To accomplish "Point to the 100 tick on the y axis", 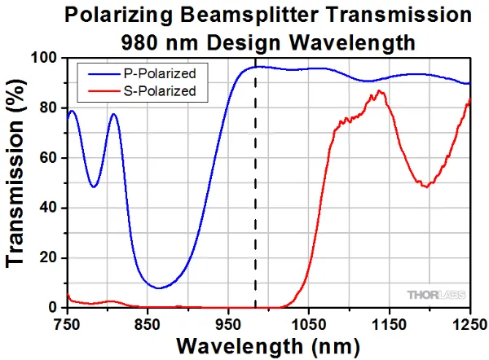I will pyautogui.click(x=44, y=59).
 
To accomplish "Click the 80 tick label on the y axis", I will pyautogui.click(x=48, y=108).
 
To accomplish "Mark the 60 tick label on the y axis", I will pyautogui.click(x=48, y=158).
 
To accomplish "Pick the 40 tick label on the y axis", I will pyautogui.click(x=48, y=208).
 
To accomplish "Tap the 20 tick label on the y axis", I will pyautogui.click(x=48, y=258).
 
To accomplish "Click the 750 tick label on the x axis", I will pyautogui.click(x=67, y=323).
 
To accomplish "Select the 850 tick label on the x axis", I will pyautogui.click(x=148, y=323).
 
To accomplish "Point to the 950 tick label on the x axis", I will pyautogui.click(x=228, y=323).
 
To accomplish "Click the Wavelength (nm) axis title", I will pyautogui.click(x=267, y=346).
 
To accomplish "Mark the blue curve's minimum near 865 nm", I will pyautogui.click(x=160, y=288).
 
